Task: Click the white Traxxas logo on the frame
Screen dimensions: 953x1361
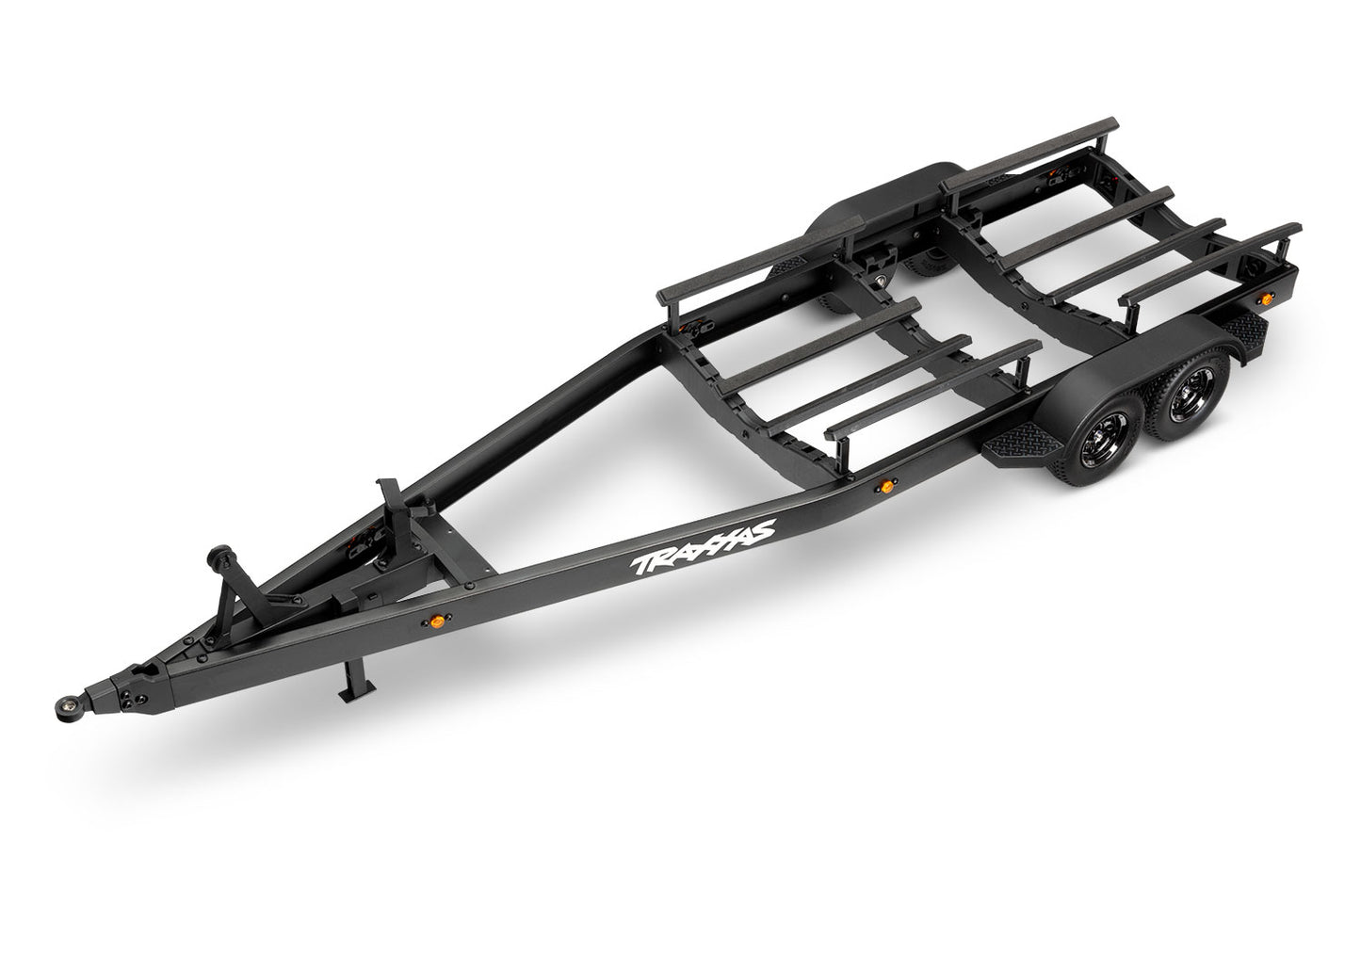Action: [704, 547]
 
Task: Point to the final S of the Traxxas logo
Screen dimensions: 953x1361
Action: [762, 529]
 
